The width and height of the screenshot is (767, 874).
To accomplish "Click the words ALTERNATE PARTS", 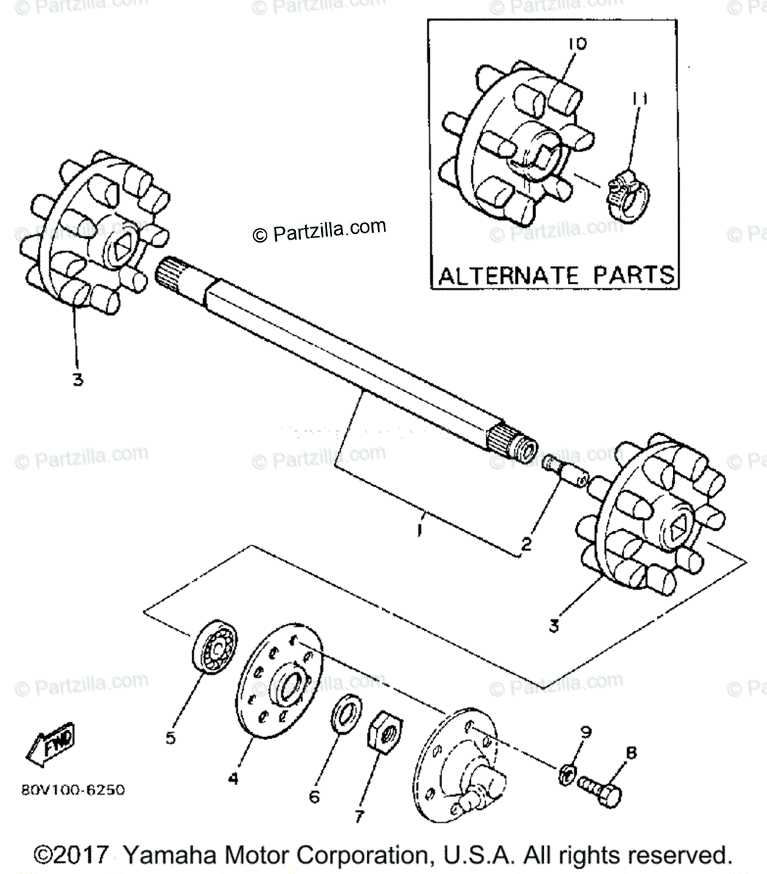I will (556, 275).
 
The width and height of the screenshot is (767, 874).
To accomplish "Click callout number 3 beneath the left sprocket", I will (77, 379).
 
